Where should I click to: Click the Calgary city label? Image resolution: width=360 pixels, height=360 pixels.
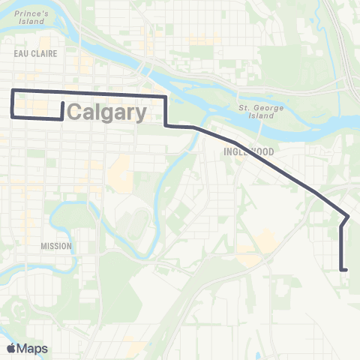[107, 113]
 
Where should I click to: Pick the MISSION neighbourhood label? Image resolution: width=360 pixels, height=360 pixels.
[57, 246]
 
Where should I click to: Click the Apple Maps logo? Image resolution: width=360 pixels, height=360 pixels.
[27, 349]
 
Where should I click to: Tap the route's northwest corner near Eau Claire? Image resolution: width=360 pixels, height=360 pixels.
[12, 91]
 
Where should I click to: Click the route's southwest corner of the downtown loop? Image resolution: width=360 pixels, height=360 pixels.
[12, 116]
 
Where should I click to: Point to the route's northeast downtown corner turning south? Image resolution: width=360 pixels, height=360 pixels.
[165, 97]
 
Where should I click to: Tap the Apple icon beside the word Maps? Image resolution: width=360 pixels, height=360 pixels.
[11, 349]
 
